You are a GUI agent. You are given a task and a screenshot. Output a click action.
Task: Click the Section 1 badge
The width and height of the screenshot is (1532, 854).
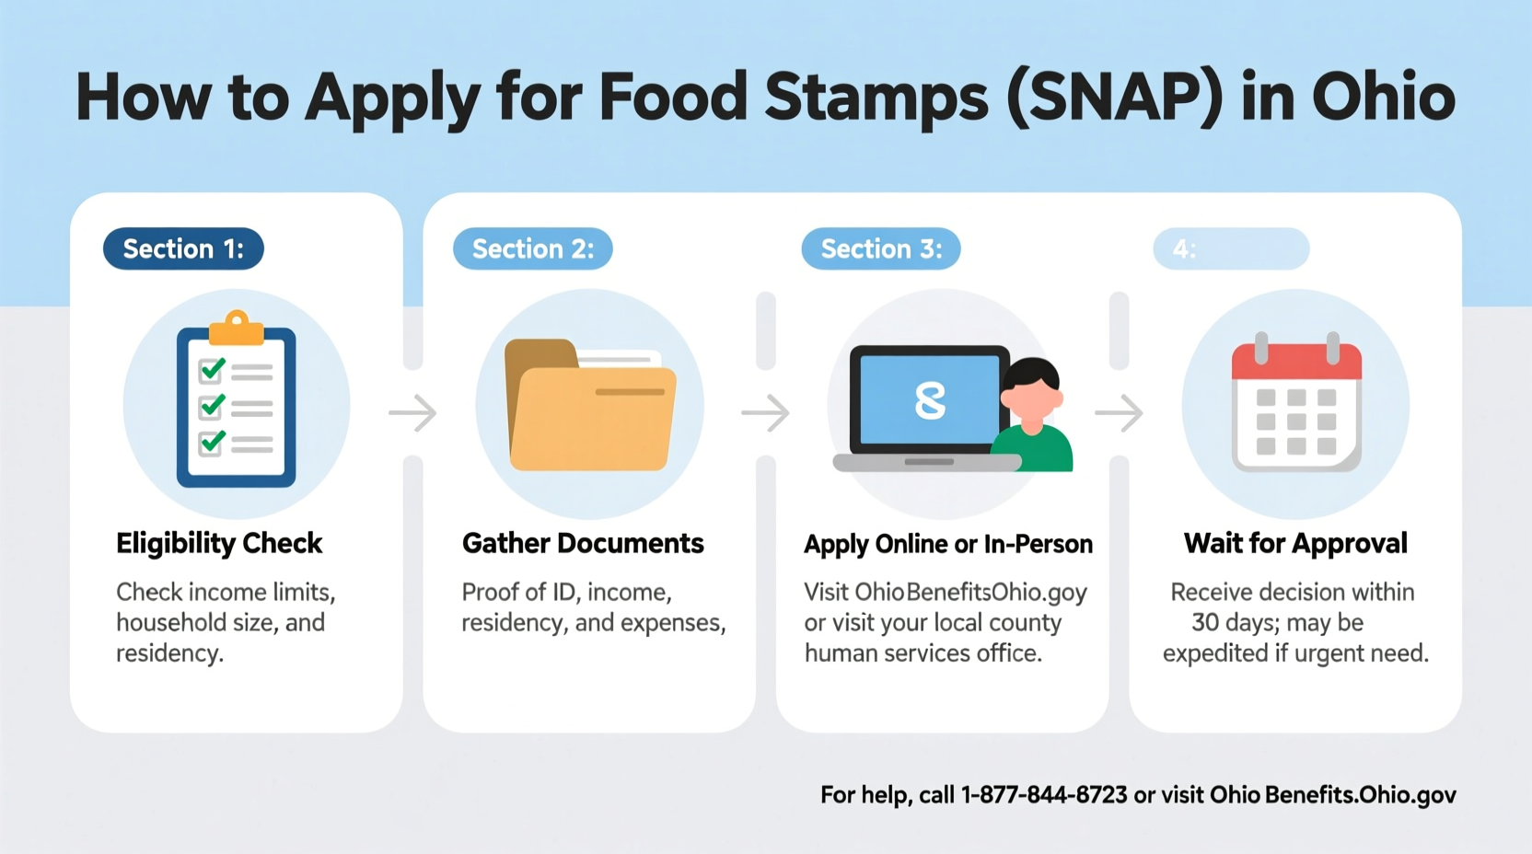(183, 248)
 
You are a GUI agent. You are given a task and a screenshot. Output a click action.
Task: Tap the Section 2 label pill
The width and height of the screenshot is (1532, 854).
(532, 248)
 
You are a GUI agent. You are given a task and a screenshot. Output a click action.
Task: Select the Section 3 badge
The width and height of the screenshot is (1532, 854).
(880, 248)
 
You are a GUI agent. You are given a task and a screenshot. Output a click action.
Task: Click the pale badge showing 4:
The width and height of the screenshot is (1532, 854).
(1230, 248)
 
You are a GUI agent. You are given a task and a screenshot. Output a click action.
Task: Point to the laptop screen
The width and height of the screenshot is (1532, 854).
(929, 400)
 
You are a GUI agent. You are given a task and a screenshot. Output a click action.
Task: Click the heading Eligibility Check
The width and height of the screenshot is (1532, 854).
(219, 543)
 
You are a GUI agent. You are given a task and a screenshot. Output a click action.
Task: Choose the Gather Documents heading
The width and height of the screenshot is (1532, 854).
(583, 543)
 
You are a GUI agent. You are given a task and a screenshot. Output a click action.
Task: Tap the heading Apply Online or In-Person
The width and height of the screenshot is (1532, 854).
(948, 544)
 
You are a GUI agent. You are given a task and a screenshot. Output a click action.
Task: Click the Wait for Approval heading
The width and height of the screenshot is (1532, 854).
(1295, 543)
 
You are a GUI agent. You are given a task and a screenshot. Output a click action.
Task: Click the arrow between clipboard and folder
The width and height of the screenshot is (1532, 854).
(412, 413)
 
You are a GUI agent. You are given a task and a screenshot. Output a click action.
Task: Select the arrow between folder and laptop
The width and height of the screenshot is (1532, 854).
(765, 413)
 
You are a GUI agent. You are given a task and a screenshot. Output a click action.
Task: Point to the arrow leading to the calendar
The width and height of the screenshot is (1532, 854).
(1119, 413)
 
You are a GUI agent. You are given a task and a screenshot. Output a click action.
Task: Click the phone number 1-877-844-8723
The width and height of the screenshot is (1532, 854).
(1044, 795)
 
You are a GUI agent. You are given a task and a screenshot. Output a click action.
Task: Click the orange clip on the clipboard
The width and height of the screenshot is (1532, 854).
(237, 328)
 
